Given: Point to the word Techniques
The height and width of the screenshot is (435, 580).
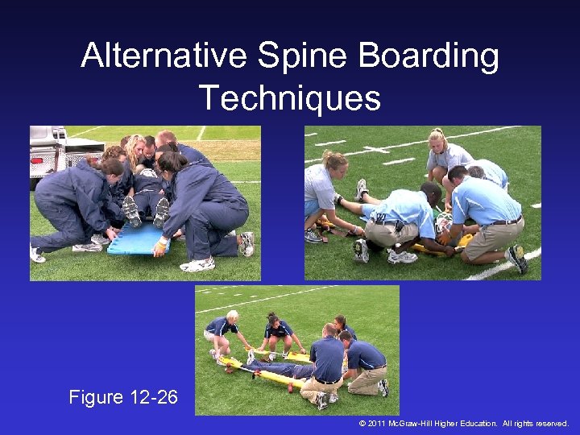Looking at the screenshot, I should click(x=290, y=98).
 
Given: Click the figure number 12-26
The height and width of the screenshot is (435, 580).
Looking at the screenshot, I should click(x=153, y=397).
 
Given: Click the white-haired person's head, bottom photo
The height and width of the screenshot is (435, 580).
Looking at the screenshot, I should click(x=232, y=316).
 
